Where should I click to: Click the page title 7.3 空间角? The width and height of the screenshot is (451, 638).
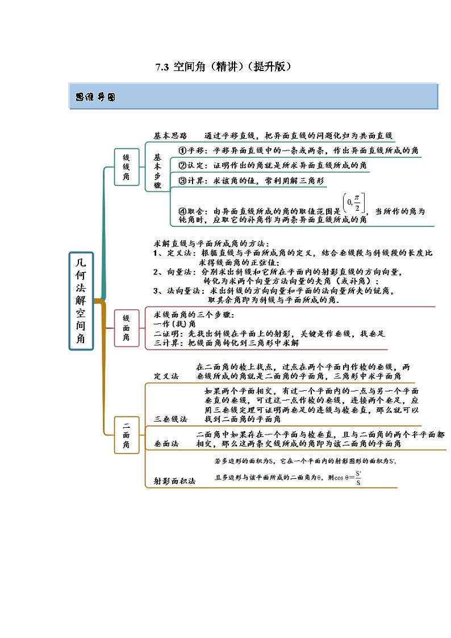coord(224,66)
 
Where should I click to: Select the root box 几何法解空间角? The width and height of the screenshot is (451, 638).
coord(81,301)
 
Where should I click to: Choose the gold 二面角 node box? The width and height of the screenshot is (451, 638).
coord(126,435)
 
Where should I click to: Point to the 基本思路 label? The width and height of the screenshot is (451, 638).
coord(170,136)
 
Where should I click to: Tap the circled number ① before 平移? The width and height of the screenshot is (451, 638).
coord(182,151)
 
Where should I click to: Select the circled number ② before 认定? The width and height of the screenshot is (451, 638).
coord(182,165)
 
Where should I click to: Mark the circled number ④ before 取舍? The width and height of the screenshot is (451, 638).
coord(182,211)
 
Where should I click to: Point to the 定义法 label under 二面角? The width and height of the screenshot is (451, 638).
coord(166,376)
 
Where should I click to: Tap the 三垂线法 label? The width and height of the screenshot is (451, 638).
coord(170,419)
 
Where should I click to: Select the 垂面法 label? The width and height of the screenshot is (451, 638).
coord(166,443)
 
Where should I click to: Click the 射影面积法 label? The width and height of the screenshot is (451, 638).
coord(174,481)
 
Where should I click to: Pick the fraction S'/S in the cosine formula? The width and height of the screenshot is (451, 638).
coord(358,478)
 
